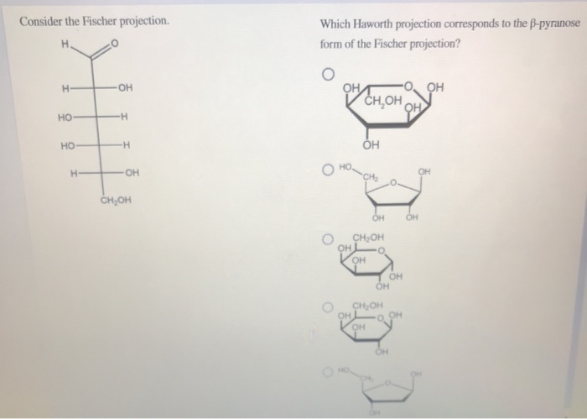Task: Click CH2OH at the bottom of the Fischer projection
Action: coord(115,201)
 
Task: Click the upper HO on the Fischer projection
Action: coord(65,117)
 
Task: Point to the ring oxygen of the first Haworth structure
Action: coord(408,85)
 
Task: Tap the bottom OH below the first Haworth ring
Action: coord(371,145)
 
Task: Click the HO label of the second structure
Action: coord(345,168)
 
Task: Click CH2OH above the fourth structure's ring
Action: coord(369,305)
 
